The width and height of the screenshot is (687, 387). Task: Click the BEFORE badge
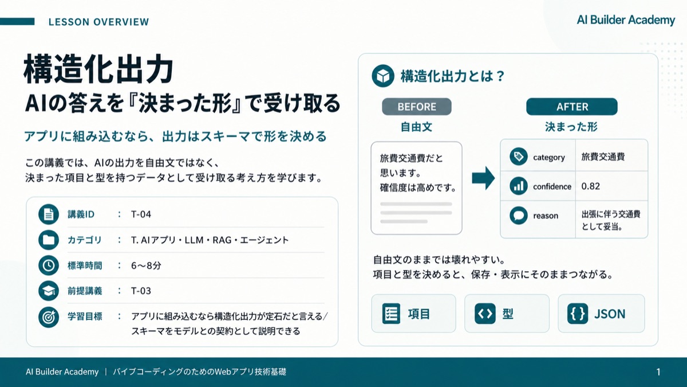coord(417,107)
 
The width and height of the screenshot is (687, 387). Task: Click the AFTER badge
coord(572,107)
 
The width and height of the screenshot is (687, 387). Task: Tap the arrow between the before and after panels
coord(483,178)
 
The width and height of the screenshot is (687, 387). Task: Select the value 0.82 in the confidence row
coord(590,186)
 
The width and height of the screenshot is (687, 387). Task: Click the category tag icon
coord(519,157)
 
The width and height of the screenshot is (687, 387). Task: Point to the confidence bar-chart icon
coord(519,186)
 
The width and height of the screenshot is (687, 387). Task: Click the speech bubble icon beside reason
coord(519,216)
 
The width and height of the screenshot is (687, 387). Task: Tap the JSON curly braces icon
coord(578,314)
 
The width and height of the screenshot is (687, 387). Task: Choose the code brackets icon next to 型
coord(485,314)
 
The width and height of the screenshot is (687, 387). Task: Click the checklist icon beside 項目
coord(391,314)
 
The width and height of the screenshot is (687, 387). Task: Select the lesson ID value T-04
coord(141,214)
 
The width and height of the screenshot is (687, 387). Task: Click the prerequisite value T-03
coord(141,291)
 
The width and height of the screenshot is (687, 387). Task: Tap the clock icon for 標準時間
coord(49,265)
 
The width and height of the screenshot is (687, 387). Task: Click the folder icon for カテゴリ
coord(49,240)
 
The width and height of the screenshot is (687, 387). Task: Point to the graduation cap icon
coord(49,291)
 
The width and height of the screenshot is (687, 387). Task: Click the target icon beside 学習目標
coord(49,317)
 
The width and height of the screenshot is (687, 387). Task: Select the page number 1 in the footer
coord(658,372)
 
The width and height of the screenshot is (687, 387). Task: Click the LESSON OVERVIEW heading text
coord(98,22)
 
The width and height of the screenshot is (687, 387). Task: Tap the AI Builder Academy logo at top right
coord(626,20)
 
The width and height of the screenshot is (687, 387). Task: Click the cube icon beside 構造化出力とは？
coord(383,76)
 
